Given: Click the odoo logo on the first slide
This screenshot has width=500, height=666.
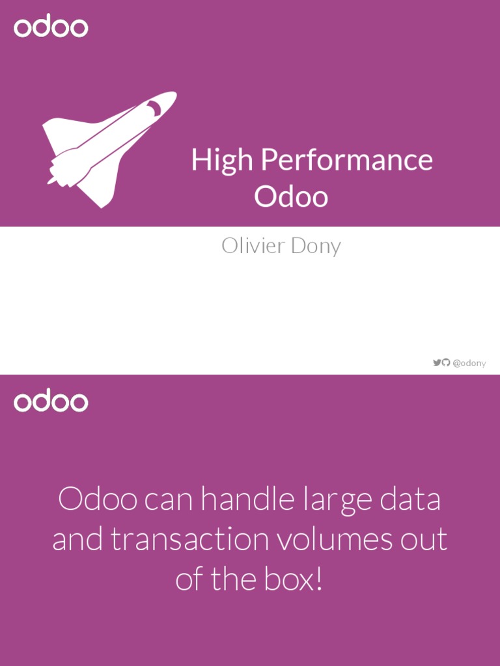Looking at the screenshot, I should click(51, 27).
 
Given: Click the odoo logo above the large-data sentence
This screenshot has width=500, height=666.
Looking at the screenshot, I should click(51, 401).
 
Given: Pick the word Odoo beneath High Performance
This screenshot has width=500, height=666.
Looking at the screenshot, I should click(291, 196).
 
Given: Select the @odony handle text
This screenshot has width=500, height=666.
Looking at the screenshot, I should click(469, 363).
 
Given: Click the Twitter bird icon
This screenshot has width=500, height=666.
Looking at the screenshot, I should click(437, 362).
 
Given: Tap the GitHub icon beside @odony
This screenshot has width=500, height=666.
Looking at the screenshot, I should click(446, 362).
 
